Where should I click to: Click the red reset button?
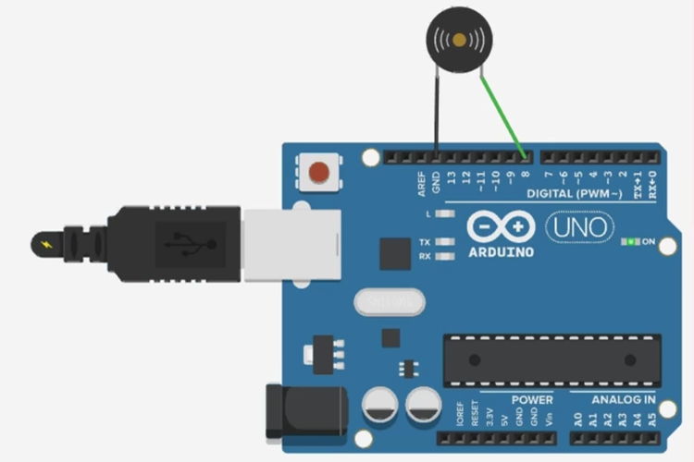coord(319,172)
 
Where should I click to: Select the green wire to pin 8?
coord(502,112)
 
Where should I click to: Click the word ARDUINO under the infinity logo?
coord(501,251)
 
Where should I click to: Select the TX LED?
coord(446,242)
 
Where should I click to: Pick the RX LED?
coord(446,256)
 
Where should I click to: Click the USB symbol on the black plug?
coord(191,243)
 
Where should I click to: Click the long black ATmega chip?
coord(551,359)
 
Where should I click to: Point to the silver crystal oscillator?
coord(389,300)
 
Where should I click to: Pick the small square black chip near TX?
coord(395,252)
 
